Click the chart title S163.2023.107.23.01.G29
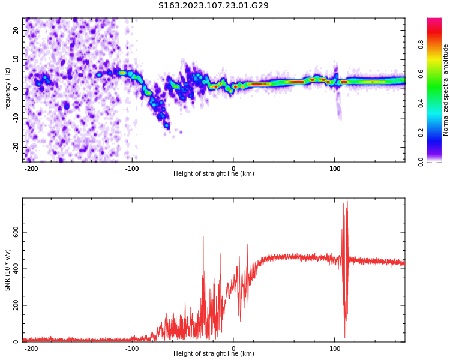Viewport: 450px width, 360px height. (214, 5)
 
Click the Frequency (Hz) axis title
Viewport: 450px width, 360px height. (8, 90)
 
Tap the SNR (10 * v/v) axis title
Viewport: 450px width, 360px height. (8, 270)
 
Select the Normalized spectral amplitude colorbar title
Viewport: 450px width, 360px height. (446, 90)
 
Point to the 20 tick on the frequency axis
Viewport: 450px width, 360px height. (16, 30)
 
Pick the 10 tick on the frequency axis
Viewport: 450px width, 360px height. (16, 59)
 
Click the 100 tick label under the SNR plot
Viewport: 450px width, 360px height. (335, 349)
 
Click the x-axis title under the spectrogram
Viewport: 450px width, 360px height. (214, 174)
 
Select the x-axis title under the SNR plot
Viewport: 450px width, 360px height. (214, 354)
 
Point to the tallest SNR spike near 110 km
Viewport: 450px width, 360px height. (347, 200)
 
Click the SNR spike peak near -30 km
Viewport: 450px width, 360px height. (203, 237)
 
